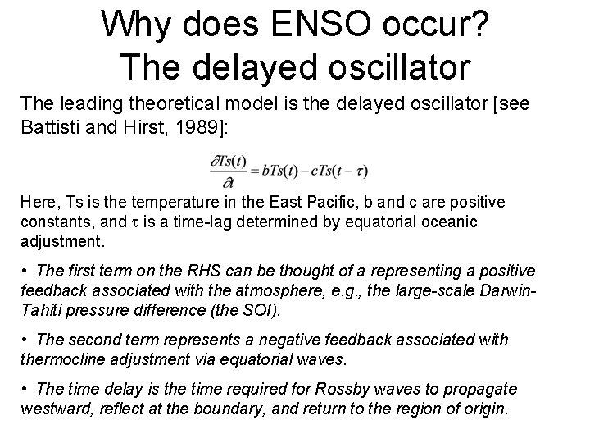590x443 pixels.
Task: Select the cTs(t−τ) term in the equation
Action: tap(340, 171)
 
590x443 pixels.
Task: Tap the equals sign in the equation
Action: tap(260, 171)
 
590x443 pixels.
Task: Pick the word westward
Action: tap(56, 408)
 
